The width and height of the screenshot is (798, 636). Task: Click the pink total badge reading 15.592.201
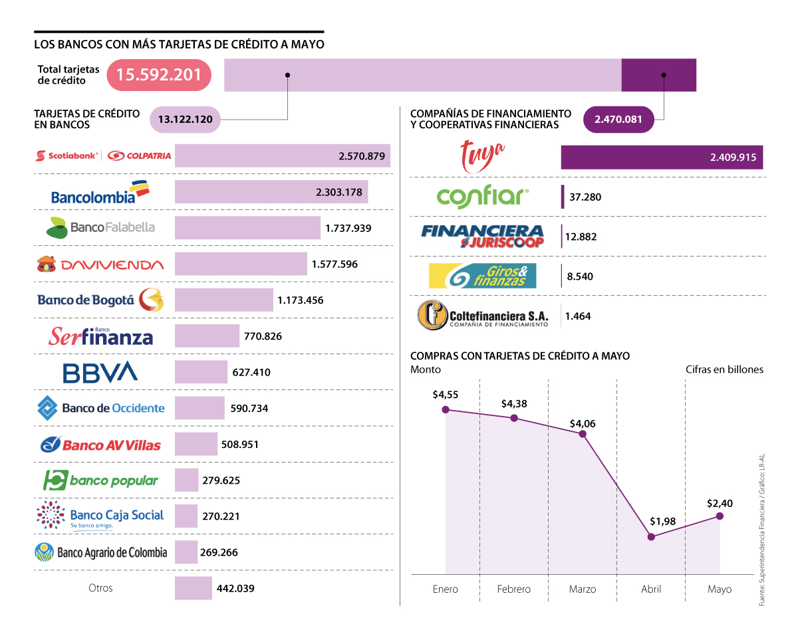(159, 74)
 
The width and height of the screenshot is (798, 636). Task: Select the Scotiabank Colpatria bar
(283, 156)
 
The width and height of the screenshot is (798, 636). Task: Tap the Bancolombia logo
(100, 193)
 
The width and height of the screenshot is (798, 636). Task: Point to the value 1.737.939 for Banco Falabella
(348, 228)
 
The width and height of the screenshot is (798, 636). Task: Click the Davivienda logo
(100, 265)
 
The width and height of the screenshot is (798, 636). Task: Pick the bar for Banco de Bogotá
(223, 300)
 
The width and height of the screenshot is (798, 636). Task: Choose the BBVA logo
(100, 372)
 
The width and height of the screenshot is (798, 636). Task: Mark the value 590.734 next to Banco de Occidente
(249, 408)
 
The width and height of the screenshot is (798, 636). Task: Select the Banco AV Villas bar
(196, 444)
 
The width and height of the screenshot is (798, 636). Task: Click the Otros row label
(100, 588)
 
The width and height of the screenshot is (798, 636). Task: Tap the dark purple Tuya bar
(662, 158)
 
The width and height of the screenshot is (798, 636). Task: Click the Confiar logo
(483, 197)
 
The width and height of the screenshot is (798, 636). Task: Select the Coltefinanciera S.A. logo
(483, 315)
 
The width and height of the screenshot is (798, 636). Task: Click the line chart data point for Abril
(651, 536)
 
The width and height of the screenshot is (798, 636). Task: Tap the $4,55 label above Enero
(445, 394)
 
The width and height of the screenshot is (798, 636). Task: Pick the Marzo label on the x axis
(583, 589)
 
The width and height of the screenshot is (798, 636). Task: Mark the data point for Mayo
(720, 516)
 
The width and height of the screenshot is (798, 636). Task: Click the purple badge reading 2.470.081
(618, 120)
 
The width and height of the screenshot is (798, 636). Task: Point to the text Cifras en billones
(724, 370)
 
